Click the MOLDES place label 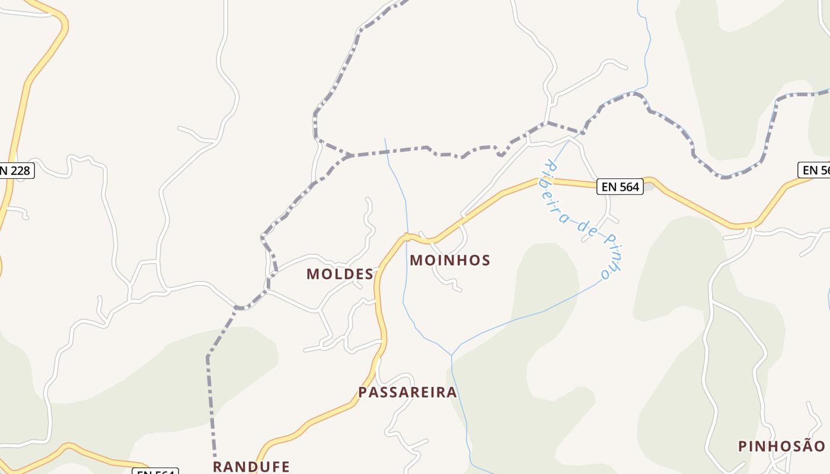(x=340, y=274)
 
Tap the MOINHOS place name (x=450, y=260)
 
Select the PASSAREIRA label (x=407, y=392)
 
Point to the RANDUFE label (x=251, y=466)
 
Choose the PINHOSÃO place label (x=781, y=446)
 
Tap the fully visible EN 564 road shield (x=620, y=187)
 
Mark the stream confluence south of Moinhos (x=452, y=355)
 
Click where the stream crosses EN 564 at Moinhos (x=407, y=236)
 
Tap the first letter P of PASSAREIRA (x=363, y=392)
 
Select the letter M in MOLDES (x=313, y=274)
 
